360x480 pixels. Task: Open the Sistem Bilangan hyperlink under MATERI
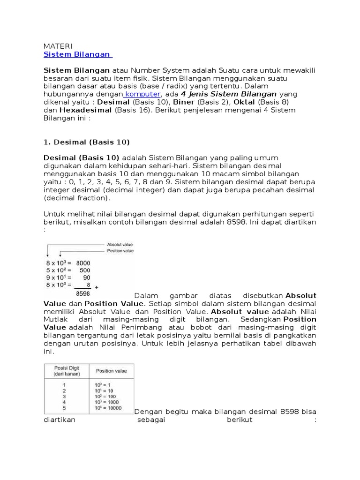(x=77, y=54)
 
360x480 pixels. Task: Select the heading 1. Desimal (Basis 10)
(x=86, y=142)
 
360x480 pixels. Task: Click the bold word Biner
(x=184, y=102)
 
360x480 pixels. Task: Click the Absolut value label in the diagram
(x=120, y=244)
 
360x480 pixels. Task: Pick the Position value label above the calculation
(x=120, y=251)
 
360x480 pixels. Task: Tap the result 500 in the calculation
(x=84, y=270)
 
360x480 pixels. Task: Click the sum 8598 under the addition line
(x=82, y=293)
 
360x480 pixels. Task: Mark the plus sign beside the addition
(x=97, y=286)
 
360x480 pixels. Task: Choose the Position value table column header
(x=111, y=371)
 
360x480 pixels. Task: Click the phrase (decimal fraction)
(x=76, y=198)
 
